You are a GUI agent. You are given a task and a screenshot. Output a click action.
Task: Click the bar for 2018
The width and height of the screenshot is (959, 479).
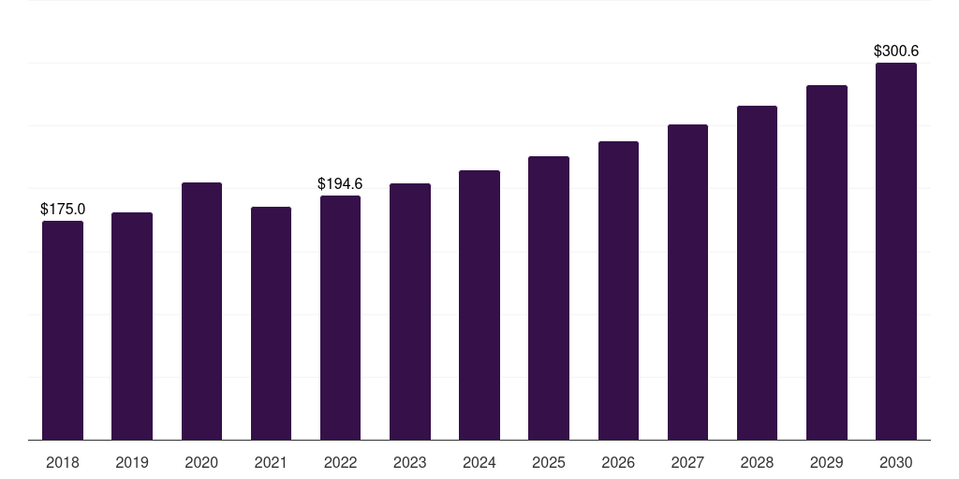(x=63, y=330)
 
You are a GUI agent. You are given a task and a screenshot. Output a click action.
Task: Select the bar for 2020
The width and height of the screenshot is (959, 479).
(x=202, y=311)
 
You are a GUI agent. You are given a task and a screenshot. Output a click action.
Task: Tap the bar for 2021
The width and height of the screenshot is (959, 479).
(x=271, y=323)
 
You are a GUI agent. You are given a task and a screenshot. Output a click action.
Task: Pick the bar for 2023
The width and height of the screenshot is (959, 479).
(x=410, y=312)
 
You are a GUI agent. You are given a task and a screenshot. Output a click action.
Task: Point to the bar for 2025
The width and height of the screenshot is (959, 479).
(x=549, y=298)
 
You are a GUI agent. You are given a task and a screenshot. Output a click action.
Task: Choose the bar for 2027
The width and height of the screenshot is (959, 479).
(x=687, y=283)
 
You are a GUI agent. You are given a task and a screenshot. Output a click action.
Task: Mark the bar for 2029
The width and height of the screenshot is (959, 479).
(x=827, y=263)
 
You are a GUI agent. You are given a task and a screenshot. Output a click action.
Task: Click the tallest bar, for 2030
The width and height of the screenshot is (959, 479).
(x=896, y=251)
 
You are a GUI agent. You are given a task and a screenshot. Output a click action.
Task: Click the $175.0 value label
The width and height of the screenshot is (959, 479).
(x=63, y=209)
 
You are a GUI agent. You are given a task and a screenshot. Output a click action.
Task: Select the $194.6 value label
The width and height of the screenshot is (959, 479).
(x=340, y=183)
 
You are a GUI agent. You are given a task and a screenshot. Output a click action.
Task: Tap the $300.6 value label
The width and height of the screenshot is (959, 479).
(x=896, y=51)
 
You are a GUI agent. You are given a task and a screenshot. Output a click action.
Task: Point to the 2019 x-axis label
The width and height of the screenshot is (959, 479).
(x=132, y=462)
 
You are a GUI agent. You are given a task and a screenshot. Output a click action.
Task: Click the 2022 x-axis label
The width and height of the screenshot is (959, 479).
(x=340, y=462)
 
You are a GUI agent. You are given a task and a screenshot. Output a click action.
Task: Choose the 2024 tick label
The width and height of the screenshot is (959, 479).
(x=479, y=462)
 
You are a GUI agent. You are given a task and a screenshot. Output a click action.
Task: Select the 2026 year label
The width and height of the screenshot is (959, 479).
(x=618, y=462)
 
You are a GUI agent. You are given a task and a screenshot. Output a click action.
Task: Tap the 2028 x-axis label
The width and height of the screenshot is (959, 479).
(x=757, y=462)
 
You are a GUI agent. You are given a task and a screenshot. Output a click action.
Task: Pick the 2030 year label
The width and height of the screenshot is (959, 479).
(x=896, y=462)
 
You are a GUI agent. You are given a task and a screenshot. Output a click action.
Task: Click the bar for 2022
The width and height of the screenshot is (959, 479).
(x=340, y=318)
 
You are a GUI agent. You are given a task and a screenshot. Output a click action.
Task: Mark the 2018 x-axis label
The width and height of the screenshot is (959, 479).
(x=63, y=462)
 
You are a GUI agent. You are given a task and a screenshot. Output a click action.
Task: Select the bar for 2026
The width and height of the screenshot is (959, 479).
(x=618, y=290)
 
